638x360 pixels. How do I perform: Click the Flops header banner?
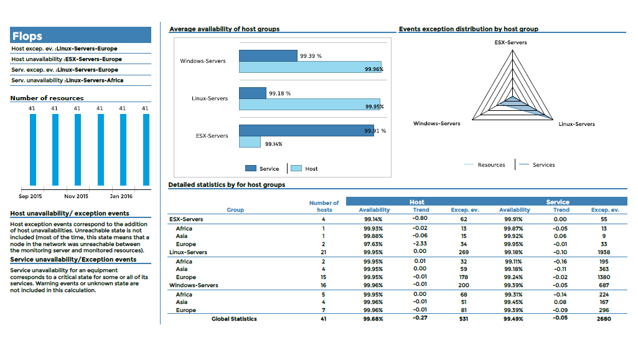(81, 36)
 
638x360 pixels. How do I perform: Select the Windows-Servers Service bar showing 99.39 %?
(268, 56)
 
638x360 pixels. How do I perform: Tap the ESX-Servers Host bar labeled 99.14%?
(250, 143)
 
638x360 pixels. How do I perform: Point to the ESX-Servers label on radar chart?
(510, 42)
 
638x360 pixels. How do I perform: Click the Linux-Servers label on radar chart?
(576, 124)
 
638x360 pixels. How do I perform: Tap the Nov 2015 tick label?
(77, 196)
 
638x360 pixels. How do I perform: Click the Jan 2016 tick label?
(121, 196)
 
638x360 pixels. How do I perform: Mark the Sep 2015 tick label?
(30, 196)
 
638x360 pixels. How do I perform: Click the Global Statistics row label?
(234, 319)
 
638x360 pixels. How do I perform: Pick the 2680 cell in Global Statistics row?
(604, 319)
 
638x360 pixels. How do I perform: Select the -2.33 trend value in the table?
(420, 244)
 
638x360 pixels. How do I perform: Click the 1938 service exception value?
(604, 252)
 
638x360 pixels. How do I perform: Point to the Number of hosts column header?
(324, 206)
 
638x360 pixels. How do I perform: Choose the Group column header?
(235, 210)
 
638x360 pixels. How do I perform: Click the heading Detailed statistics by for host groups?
(227, 185)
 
